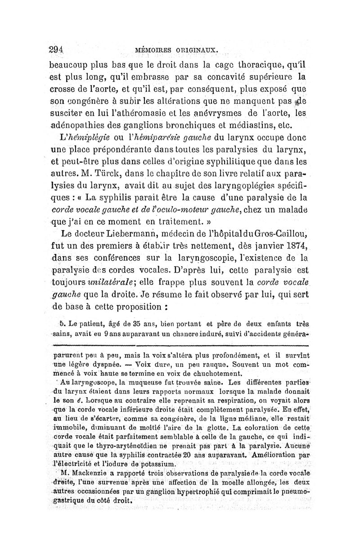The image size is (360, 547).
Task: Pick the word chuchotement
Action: (x=214, y=373)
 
